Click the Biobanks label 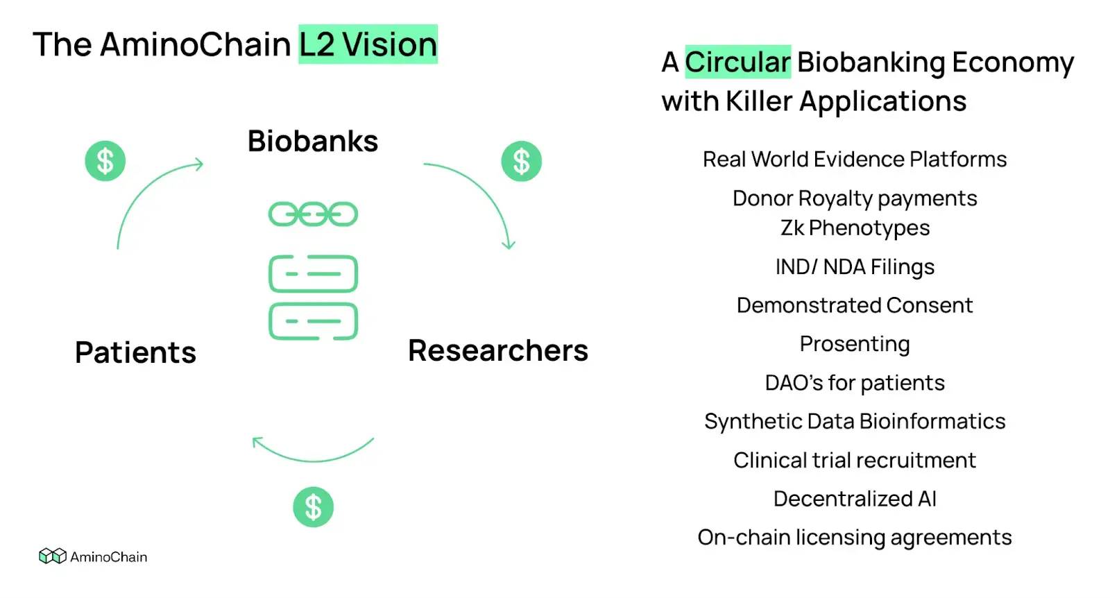pyautogui.click(x=313, y=142)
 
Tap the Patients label pyautogui.click(x=136, y=352)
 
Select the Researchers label pyautogui.click(x=497, y=351)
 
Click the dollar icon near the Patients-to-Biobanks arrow pyautogui.click(x=105, y=162)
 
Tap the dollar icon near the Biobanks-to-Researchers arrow pyautogui.click(x=521, y=162)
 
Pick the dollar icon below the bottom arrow pyautogui.click(x=313, y=507)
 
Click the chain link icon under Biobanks pyautogui.click(x=313, y=214)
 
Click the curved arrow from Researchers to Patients pyautogui.click(x=313, y=454)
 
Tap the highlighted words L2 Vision pyautogui.click(x=368, y=45)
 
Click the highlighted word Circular pyautogui.click(x=737, y=62)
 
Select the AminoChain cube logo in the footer pyautogui.click(x=52, y=556)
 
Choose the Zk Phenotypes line pyautogui.click(x=855, y=228)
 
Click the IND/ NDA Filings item pyautogui.click(x=855, y=267)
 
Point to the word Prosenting pyautogui.click(x=855, y=344)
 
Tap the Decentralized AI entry pyautogui.click(x=855, y=499)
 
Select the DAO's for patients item pyautogui.click(x=855, y=383)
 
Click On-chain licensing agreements pyautogui.click(x=855, y=538)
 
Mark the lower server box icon pyautogui.click(x=313, y=321)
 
